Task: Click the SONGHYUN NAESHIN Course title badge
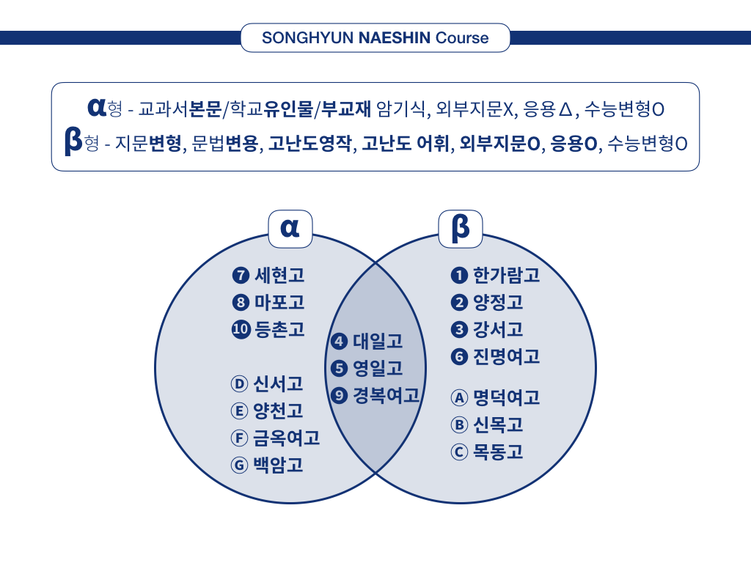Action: click(x=375, y=37)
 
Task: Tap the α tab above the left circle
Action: click(x=290, y=229)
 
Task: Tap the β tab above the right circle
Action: click(x=461, y=229)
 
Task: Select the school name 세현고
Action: click(x=279, y=276)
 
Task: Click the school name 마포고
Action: click(x=279, y=302)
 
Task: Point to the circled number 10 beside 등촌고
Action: click(x=241, y=330)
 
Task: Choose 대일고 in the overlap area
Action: click(x=378, y=341)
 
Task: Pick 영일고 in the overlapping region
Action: click(x=378, y=368)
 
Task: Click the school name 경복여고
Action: click(x=386, y=396)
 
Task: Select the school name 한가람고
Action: click(x=506, y=276)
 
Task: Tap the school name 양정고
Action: click(x=498, y=302)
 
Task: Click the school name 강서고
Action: click(x=498, y=330)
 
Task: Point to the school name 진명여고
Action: click(x=506, y=357)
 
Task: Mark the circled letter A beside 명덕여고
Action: click(x=459, y=397)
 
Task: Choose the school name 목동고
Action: click(x=498, y=452)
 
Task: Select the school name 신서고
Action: click(x=278, y=383)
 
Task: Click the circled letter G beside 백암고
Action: click(x=239, y=465)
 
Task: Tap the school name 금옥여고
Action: click(x=286, y=438)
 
